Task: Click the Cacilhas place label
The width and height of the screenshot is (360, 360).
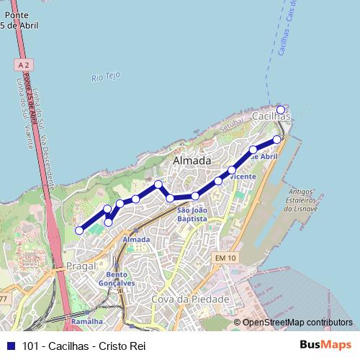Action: pos(271,116)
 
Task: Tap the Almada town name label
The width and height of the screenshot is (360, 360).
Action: pos(192,160)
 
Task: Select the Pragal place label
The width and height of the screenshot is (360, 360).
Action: pos(81,266)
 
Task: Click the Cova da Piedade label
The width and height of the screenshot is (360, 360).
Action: pos(190,299)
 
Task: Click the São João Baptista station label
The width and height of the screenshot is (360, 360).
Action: pos(192,214)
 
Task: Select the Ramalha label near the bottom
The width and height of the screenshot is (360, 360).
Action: pos(87,321)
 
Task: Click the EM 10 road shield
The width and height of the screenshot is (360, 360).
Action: pos(225,257)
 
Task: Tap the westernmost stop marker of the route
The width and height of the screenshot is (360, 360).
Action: pos(79,230)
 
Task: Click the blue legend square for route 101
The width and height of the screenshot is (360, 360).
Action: pos(9,346)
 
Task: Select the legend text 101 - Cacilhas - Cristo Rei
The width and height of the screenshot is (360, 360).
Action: pos(84,346)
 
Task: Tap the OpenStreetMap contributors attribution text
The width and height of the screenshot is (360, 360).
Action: pos(297,323)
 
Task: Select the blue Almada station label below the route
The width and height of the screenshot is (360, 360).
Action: pos(136,239)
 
